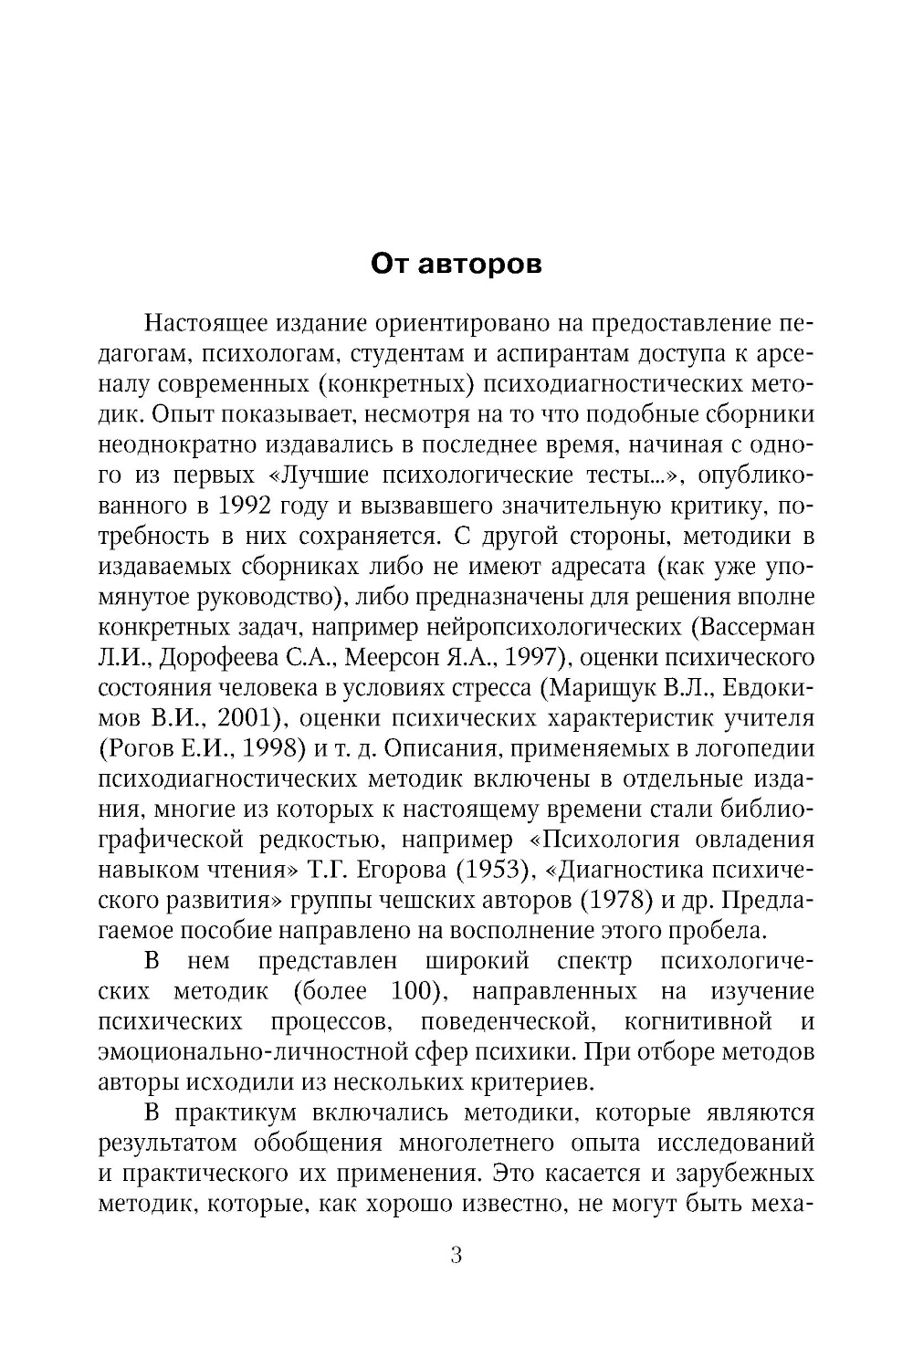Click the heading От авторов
click(x=456, y=265)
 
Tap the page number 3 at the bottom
click(x=456, y=1255)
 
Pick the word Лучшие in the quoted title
click(x=327, y=475)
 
